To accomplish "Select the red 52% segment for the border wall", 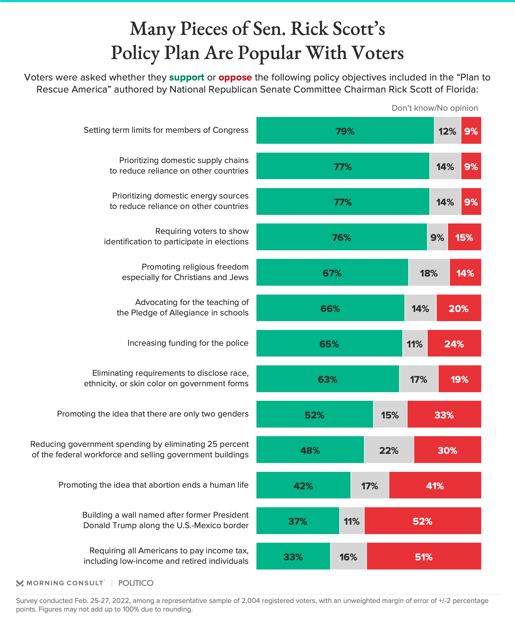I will pos(422,521).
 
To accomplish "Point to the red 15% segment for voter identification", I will pos(464,237).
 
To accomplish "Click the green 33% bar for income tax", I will pos(293,556).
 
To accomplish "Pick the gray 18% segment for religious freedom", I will pos(429,273).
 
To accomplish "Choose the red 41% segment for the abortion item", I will pos(435,485).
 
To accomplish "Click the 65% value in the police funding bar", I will pos(329,344).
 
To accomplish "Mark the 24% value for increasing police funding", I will pos(454,344).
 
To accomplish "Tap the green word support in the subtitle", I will pos(187,78).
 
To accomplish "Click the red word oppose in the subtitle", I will pos(235,78).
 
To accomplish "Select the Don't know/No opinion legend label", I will pos(435,108).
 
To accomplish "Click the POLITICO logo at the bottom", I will pos(136,583).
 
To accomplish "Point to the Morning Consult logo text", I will pos(65,583).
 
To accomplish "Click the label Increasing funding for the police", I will pos(188,343).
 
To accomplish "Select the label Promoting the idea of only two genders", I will pos(152,414).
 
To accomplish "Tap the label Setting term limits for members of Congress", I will pos(166,130).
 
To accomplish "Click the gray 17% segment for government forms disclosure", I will pos(418,379).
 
